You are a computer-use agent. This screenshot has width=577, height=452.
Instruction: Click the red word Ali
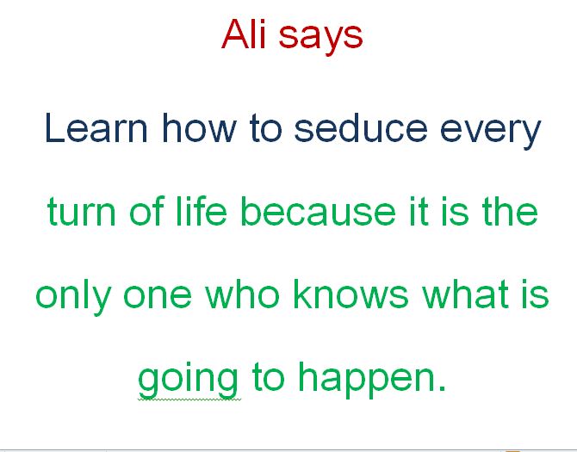point(244,34)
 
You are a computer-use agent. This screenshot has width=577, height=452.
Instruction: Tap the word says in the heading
point(320,38)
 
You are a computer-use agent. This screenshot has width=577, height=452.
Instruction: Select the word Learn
point(96,127)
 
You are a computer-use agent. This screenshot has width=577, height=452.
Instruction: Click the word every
point(490,132)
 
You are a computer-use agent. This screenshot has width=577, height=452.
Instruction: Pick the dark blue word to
point(266,128)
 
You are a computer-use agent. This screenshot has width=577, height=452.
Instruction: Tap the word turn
point(82,212)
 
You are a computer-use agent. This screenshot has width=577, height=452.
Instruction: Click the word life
point(202,210)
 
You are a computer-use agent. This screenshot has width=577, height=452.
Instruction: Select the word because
point(318,210)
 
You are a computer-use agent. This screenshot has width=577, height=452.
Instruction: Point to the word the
point(510,210)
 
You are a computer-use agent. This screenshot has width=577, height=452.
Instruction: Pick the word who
point(242,294)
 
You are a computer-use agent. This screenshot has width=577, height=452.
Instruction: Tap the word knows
point(351,294)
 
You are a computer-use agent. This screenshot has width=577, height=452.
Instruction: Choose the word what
point(465,294)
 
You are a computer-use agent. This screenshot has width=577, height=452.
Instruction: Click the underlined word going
point(188,381)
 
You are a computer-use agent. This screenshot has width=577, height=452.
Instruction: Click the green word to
point(268,377)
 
